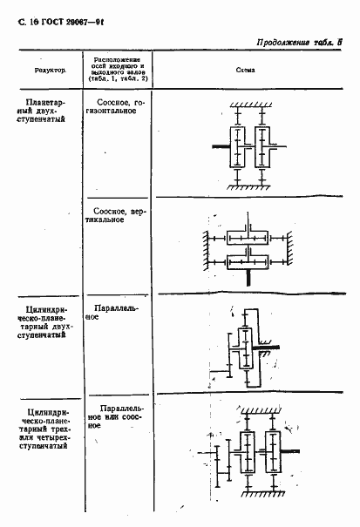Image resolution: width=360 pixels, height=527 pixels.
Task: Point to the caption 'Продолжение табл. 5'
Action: coord(302,42)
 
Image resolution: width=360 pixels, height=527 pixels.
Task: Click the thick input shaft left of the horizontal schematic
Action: coord(221,147)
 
